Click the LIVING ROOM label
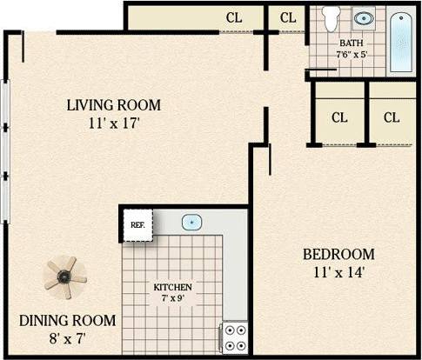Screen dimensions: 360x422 coord(114,105)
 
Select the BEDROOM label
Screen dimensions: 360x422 coord(338,254)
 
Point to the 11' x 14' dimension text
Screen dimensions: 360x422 coord(338,272)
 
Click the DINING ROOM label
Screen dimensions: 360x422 coord(64,320)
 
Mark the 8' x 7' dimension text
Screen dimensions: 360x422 coord(64,337)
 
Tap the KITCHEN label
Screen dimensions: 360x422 coord(173,287)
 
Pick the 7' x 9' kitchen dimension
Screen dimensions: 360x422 coord(173,298)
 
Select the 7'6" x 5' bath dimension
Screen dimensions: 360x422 coord(351,53)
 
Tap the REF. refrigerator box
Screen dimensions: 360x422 coord(137,223)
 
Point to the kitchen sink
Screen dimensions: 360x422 coord(192,223)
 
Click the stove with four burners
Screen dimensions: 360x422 coord(233,337)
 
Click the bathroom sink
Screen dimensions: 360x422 coord(365,17)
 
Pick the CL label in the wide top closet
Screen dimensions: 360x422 coord(234,17)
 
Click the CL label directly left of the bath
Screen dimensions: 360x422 coord(288,17)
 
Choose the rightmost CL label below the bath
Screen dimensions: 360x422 coord(392,117)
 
